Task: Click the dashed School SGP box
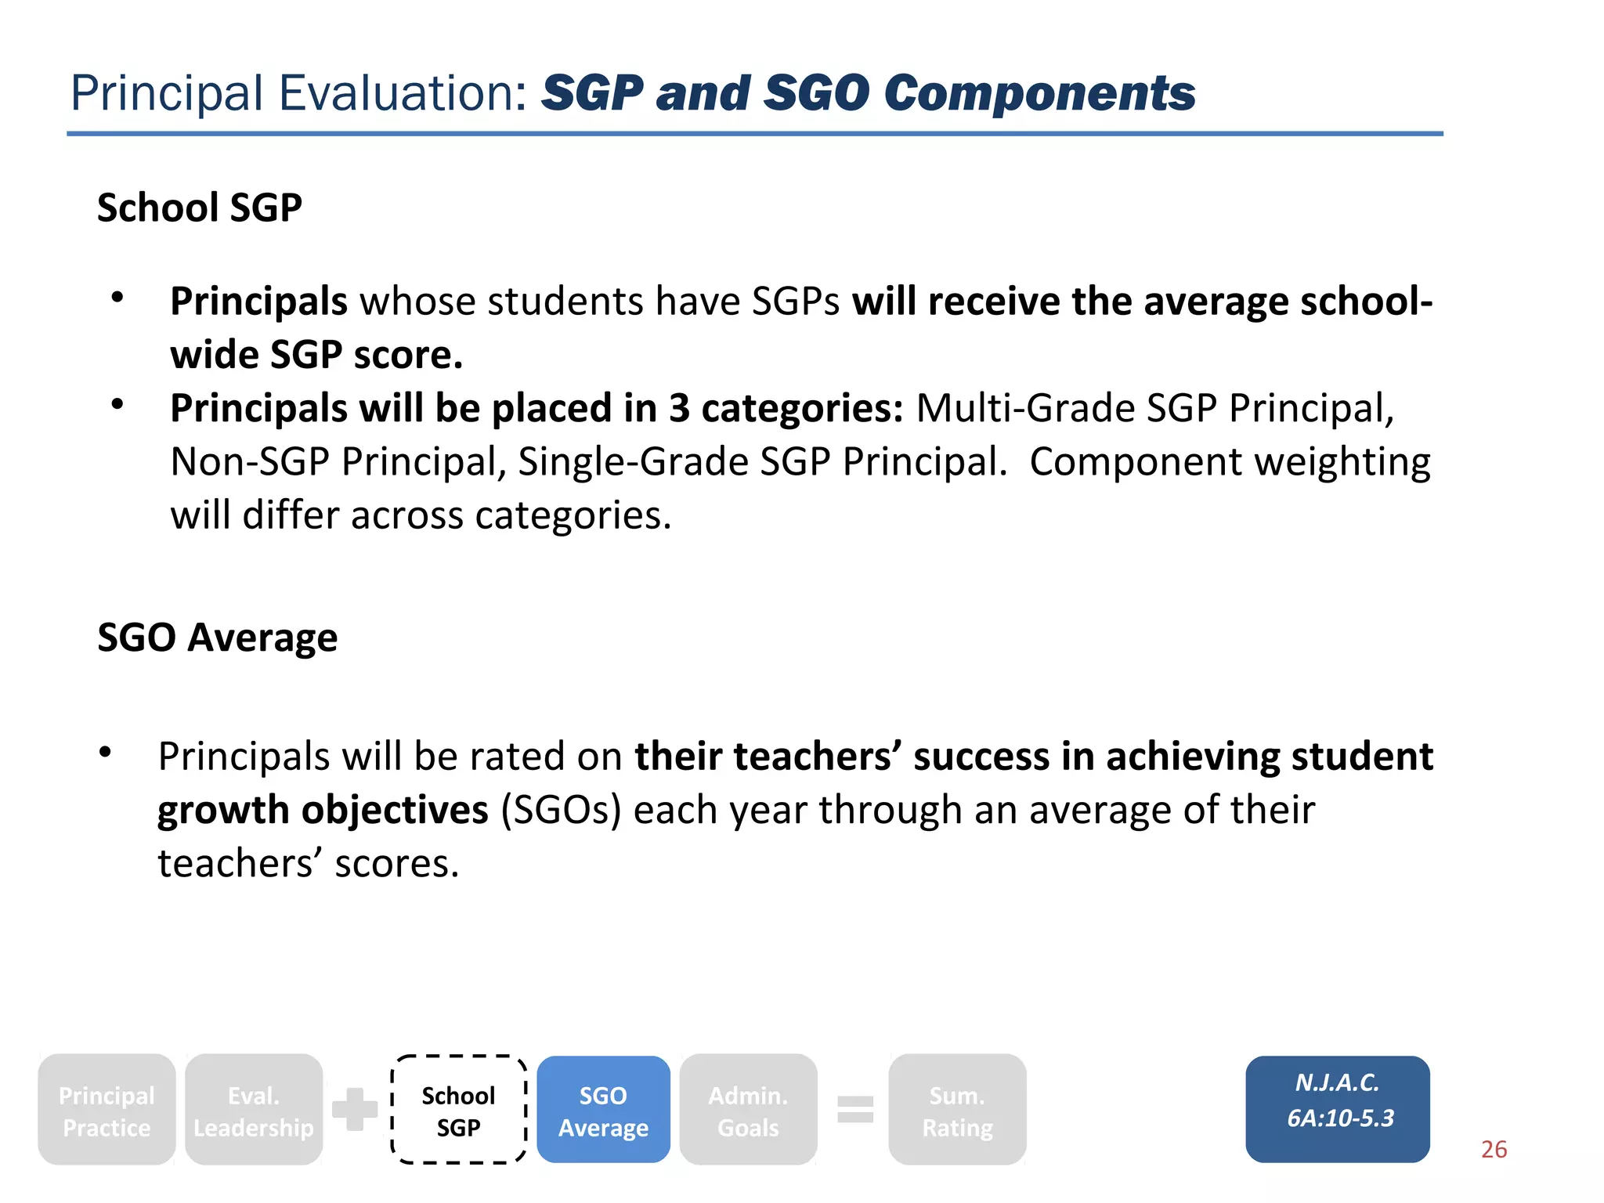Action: pos(458,1110)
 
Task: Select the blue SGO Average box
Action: pos(603,1110)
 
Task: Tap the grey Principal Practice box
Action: pos(107,1110)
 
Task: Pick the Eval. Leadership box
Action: pos(253,1110)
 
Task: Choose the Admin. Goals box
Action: pos(748,1110)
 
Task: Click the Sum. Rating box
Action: pos(957,1110)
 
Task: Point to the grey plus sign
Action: pos(355,1109)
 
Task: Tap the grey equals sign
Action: pos(855,1109)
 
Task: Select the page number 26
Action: pos(1494,1149)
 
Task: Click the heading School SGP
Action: pos(199,208)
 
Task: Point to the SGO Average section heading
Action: pos(217,638)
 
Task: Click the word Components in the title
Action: pos(1039,94)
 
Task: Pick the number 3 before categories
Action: pos(679,409)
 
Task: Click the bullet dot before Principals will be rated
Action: pos(106,753)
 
